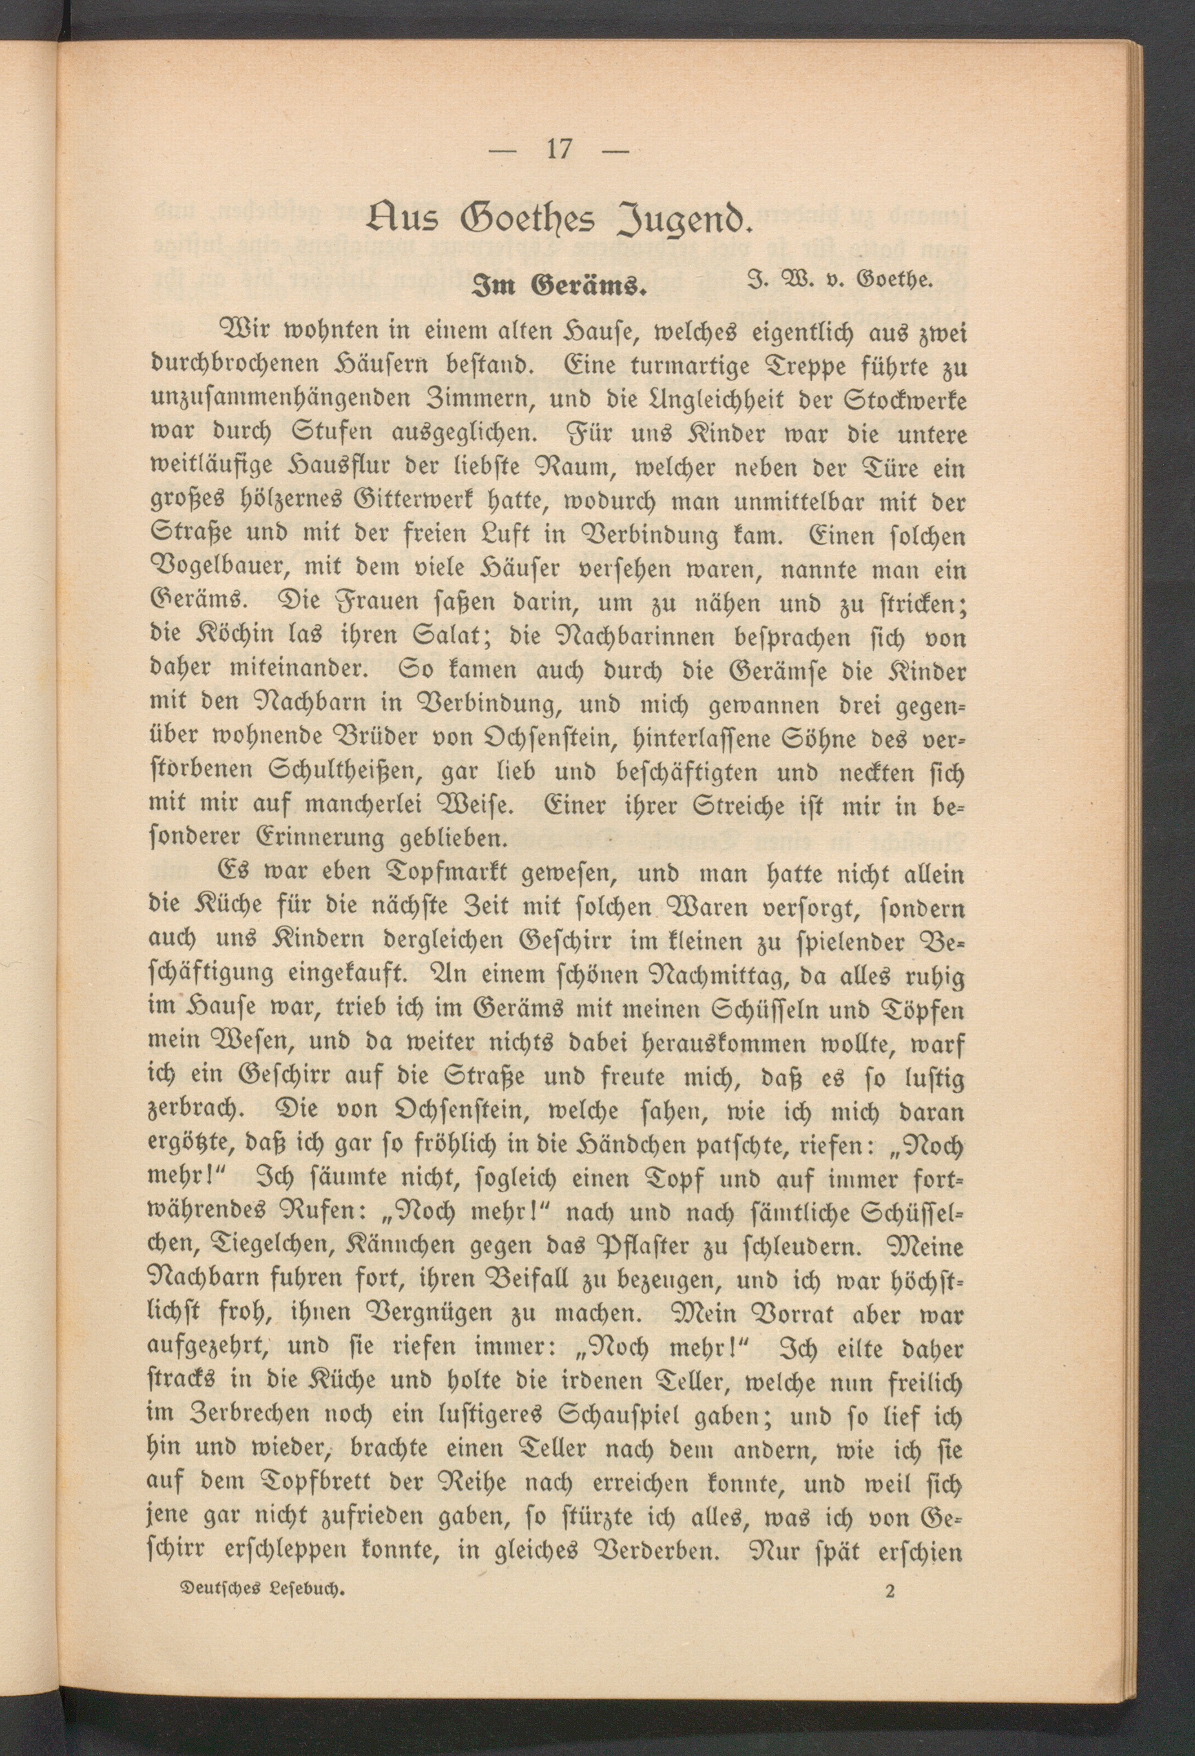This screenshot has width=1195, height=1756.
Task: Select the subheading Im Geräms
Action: pyautogui.click(x=558, y=288)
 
